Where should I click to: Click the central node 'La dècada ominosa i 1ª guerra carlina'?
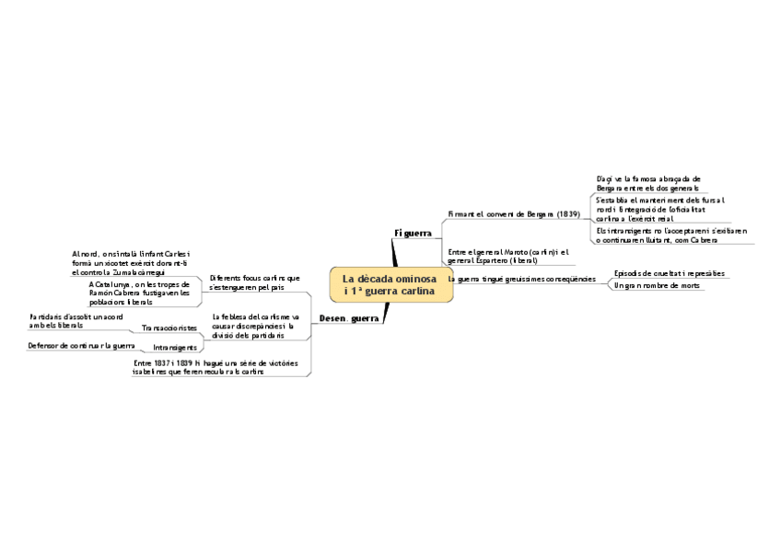[x=390, y=284]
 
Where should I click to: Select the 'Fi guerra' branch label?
[x=413, y=234]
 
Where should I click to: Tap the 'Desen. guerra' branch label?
[x=348, y=318]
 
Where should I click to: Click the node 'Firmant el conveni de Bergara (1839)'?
[x=513, y=214]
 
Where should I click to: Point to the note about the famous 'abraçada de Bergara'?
[x=648, y=182]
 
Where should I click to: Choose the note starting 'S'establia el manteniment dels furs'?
[x=660, y=209]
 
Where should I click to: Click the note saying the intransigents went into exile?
[x=670, y=235]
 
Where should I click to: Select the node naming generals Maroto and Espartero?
[x=507, y=256]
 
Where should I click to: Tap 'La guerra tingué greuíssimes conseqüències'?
[x=521, y=278]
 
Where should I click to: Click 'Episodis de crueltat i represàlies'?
[x=669, y=273]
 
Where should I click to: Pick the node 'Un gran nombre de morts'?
[x=657, y=285]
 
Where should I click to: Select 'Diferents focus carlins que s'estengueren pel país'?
[x=255, y=282]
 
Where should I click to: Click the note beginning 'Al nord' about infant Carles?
[x=130, y=263]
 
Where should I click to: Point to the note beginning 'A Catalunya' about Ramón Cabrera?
[x=139, y=293]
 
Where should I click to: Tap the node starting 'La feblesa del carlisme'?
[x=255, y=326]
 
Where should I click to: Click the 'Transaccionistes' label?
[x=169, y=327]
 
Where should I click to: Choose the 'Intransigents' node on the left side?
[x=174, y=348]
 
